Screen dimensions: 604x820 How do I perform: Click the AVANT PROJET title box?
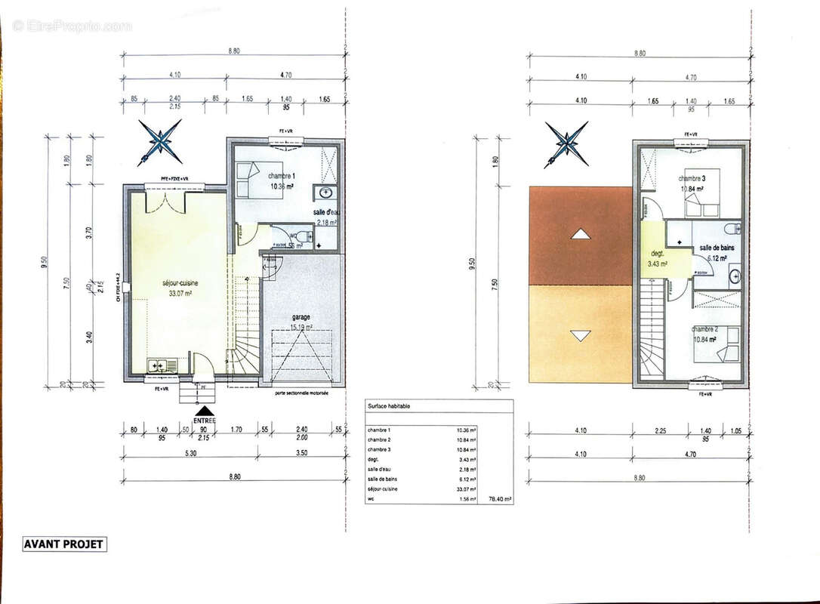64,544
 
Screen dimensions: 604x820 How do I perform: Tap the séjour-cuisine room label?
180,283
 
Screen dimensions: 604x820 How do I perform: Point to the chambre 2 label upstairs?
704,328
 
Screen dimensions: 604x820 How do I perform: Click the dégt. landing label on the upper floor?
652,254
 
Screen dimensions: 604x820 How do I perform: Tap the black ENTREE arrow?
203,410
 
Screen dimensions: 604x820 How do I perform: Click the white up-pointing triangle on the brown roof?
580,234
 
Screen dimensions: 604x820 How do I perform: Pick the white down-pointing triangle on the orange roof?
580,334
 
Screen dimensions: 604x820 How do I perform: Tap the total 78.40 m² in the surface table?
500,499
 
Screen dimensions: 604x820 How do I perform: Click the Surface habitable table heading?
390,406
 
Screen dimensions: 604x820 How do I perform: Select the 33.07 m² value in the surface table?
465,489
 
